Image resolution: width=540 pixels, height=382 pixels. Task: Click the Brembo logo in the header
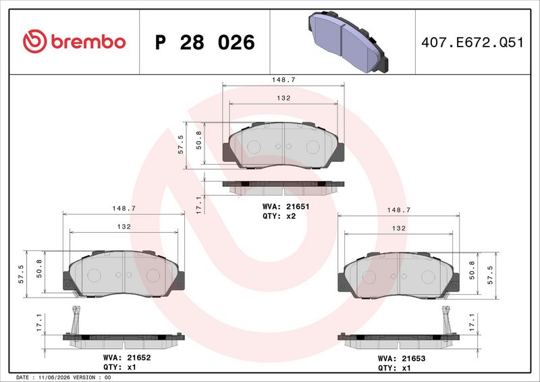click(74, 41)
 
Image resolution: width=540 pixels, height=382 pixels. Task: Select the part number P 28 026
click(205, 43)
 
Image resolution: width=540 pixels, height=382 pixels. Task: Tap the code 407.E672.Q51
click(472, 43)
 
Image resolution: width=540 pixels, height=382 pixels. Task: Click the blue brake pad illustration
click(348, 42)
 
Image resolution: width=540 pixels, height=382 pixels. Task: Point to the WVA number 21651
click(298, 207)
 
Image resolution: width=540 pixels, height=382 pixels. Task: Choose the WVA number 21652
click(139, 358)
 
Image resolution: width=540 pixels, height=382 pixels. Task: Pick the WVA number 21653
click(413, 358)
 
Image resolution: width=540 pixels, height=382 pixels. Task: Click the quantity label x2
click(291, 216)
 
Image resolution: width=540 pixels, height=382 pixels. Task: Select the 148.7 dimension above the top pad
click(283, 80)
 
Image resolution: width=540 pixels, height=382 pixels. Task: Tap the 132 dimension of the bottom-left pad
click(124, 226)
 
